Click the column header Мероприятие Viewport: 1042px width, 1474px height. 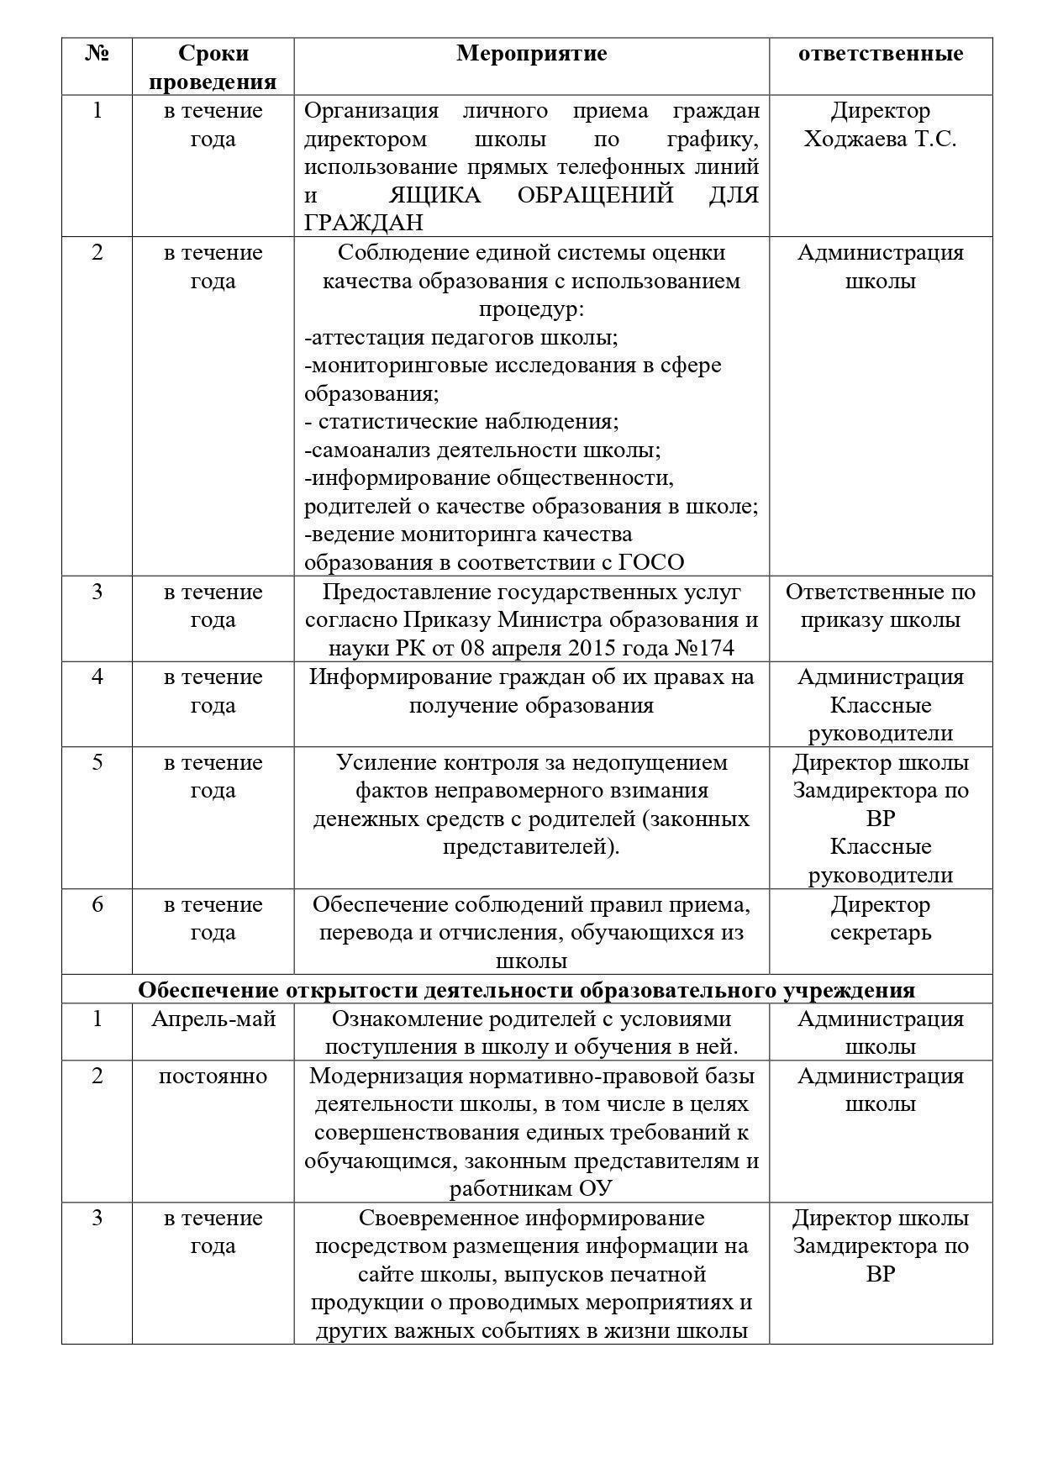(x=531, y=54)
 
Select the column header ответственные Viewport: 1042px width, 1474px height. (x=880, y=54)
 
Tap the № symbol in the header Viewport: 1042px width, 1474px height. (x=97, y=54)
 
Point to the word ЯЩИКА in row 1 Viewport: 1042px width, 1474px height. (x=435, y=195)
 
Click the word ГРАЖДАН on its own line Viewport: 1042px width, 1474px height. (x=363, y=223)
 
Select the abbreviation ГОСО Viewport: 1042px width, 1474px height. (x=650, y=562)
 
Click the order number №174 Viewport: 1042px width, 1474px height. (x=705, y=648)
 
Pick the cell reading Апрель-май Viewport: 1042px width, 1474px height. (x=213, y=1019)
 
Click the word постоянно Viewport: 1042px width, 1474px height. (x=213, y=1076)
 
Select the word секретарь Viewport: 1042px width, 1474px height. (x=880, y=932)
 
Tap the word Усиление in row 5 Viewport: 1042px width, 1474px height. (x=383, y=762)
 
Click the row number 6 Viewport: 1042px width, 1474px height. (x=97, y=904)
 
